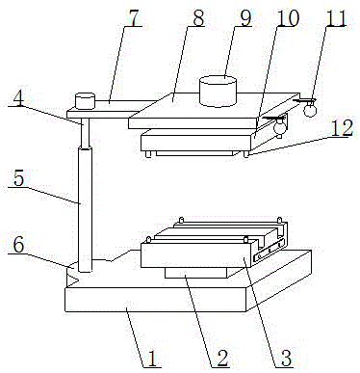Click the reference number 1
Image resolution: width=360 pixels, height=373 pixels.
pyautogui.click(x=150, y=360)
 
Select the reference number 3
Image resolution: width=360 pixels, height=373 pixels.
pyautogui.click(x=284, y=360)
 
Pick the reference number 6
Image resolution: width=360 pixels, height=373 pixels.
pyautogui.click(x=17, y=245)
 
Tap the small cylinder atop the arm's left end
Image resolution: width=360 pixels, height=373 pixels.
pyautogui.click(x=86, y=99)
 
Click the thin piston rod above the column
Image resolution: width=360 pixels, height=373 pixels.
pyautogui.click(x=85, y=134)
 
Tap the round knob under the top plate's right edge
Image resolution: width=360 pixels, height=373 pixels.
pyautogui.click(x=280, y=124)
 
